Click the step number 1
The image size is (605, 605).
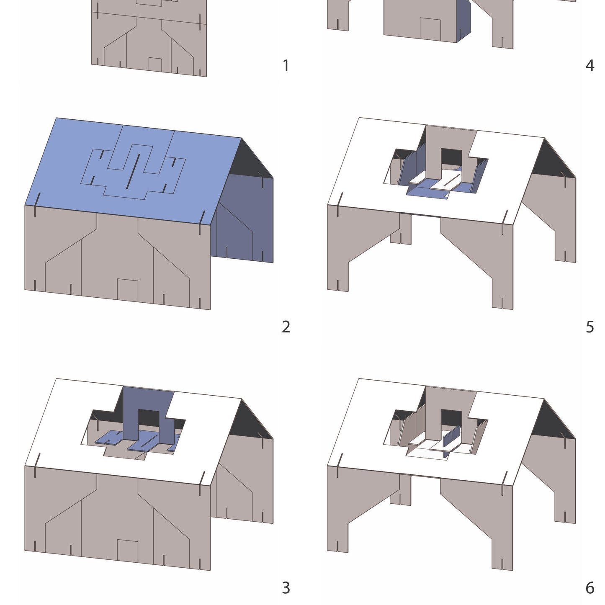[x=286, y=66]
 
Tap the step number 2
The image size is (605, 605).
[x=286, y=327]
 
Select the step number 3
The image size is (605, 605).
[x=286, y=588]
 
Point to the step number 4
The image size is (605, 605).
[x=590, y=66]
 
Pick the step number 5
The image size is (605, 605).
[x=590, y=327]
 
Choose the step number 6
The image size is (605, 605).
[x=590, y=588]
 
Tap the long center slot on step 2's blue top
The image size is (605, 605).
[x=133, y=171]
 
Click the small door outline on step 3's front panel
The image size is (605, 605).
[x=127, y=551]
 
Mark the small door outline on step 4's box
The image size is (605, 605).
[x=430, y=29]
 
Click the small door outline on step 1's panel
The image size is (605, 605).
[x=155, y=64]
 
